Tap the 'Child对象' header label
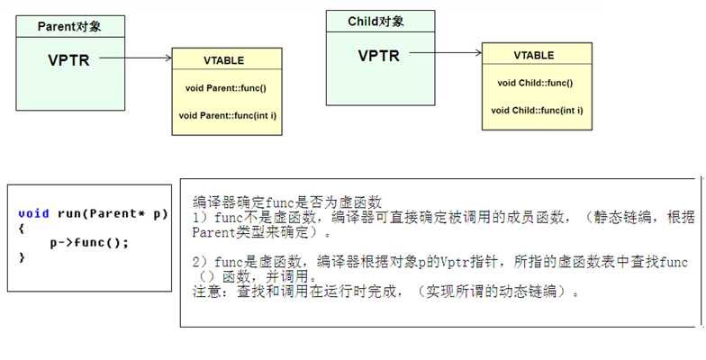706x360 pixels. click(376, 22)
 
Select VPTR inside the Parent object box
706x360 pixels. click(68, 59)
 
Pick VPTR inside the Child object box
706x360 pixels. click(378, 56)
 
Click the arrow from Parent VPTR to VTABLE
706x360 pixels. click(135, 58)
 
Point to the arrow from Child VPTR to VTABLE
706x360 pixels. click(446, 52)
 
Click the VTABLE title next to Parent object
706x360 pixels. click(223, 60)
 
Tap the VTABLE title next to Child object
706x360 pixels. click(534, 56)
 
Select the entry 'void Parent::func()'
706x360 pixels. click(226, 88)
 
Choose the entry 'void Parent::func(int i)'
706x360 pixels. click(228, 115)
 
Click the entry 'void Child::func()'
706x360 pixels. click(535, 83)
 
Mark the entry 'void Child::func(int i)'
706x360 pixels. click(537, 110)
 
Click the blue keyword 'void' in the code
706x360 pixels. click(34, 213)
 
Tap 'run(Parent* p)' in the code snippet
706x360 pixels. click(113, 214)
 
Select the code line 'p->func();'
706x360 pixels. click(89, 243)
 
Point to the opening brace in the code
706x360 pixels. click(22, 229)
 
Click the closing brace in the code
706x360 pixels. click(22, 257)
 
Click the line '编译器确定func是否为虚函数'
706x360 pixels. click(287, 202)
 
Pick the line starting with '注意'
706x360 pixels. click(385, 292)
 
